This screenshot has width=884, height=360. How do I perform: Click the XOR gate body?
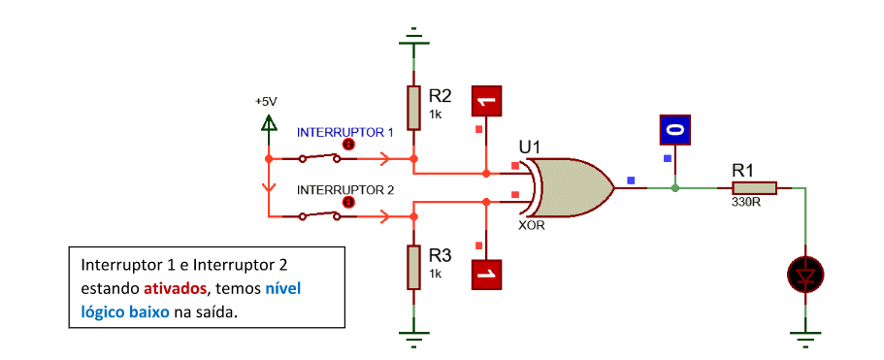(x=570, y=187)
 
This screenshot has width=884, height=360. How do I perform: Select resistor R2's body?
(x=414, y=108)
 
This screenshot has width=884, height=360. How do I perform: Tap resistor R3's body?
(x=414, y=267)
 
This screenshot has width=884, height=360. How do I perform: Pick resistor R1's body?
(x=754, y=187)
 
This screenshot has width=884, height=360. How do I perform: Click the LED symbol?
(x=805, y=275)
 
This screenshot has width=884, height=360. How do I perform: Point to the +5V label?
(x=266, y=102)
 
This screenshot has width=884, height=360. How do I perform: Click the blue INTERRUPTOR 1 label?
(x=345, y=132)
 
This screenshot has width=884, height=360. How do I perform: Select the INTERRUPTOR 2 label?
(x=345, y=190)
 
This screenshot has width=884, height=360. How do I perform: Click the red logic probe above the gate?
(x=486, y=102)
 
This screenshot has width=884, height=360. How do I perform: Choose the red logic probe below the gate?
(x=486, y=275)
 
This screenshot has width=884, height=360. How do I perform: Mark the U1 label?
(x=530, y=147)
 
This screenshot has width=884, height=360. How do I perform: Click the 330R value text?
(x=746, y=202)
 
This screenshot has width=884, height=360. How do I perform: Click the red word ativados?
(x=175, y=289)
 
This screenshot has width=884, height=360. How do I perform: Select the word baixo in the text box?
(x=149, y=312)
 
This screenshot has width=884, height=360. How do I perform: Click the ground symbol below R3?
(x=414, y=336)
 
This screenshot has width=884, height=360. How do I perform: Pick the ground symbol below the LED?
(x=805, y=336)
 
